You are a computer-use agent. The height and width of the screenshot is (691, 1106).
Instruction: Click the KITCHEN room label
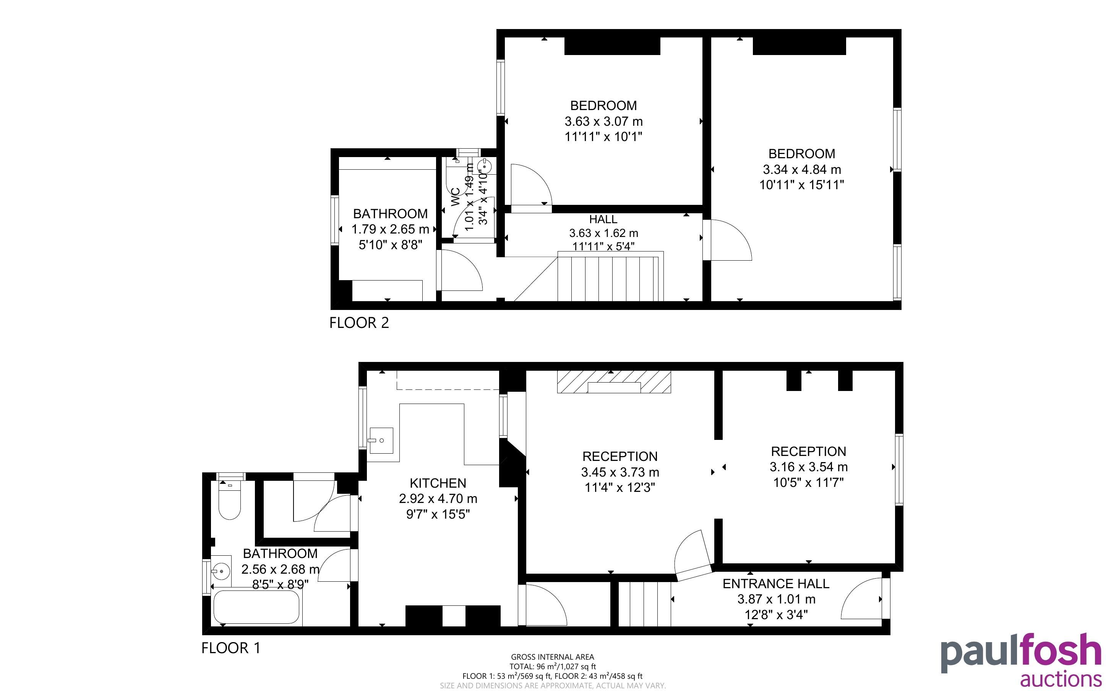point(438,483)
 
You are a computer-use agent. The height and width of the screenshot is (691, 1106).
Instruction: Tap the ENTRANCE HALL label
point(776,584)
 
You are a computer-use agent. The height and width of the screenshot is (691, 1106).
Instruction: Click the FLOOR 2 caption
point(359,323)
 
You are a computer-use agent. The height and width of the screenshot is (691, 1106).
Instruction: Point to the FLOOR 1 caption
point(231,648)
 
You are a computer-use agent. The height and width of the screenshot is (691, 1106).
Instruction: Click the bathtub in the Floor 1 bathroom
point(256,607)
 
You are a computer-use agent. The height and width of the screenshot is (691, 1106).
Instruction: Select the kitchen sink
point(381,441)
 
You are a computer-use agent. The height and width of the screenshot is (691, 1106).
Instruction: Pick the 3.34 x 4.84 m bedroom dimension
point(802,170)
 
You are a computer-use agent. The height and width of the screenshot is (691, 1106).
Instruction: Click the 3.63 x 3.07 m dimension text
point(603,122)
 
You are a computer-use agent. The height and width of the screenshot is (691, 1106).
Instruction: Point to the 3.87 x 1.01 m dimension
point(776,599)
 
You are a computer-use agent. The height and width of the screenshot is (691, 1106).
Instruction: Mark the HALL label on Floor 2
point(603,219)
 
